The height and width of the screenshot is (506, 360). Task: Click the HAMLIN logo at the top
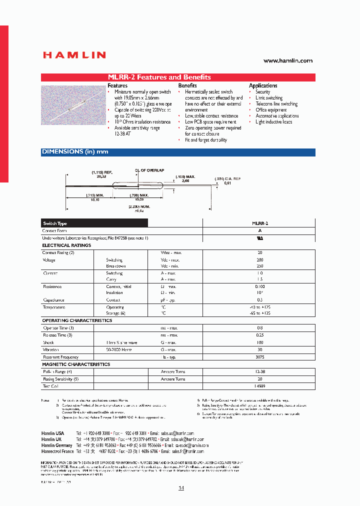tap(73, 55)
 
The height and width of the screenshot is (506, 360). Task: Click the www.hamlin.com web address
tap(287, 60)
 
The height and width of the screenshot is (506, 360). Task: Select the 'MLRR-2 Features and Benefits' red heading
tap(159, 77)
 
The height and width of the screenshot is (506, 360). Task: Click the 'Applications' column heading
tap(263, 85)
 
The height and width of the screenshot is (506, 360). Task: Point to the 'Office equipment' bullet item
tap(271, 110)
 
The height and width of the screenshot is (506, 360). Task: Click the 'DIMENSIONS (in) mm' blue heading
tap(75, 151)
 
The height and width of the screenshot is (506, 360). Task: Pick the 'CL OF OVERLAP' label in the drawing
tap(150, 170)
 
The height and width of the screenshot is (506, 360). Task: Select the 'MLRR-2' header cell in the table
tap(259, 223)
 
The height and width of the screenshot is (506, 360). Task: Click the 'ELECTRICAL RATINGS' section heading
tap(66, 245)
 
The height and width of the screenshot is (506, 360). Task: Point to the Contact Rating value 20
tap(259, 252)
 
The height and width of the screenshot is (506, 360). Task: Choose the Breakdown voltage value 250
tap(259, 266)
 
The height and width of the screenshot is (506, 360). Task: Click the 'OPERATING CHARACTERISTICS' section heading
tap(77, 320)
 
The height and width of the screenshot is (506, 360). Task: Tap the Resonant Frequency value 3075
tap(259, 357)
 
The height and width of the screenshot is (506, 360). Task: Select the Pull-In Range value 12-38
tap(259, 372)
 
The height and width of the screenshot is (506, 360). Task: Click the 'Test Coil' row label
tap(51, 386)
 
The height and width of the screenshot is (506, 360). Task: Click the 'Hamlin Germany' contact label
tap(56, 445)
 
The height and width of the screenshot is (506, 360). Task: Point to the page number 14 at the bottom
tap(181, 488)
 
